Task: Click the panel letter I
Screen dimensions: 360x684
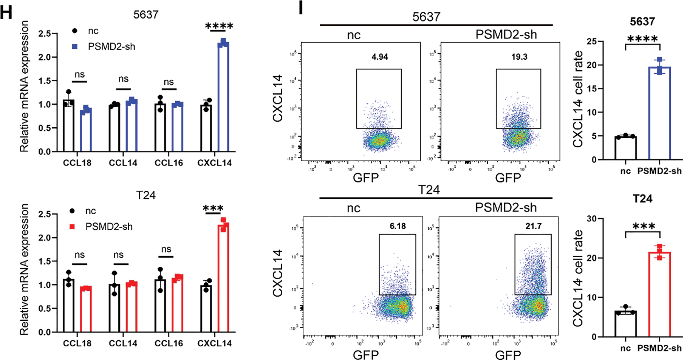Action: pos(301,8)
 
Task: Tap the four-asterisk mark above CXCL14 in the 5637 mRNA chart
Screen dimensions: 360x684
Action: pos(219,26)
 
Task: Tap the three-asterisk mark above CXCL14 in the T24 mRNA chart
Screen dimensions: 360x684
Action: pos(213,209)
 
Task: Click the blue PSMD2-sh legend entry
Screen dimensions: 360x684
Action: pos(104,47)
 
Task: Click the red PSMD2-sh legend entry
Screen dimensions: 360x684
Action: pos(102,227)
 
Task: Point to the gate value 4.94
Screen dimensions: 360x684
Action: pos(379,57)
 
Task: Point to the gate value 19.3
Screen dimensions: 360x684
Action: pos(519,57)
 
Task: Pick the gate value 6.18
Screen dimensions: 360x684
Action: pos(398,226)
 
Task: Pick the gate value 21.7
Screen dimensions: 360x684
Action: pos(533,226)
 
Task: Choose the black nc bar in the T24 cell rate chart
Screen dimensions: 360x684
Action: pos(625,324)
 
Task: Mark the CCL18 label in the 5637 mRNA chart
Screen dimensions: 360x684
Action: pos(77,163)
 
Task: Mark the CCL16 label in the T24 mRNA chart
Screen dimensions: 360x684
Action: pos(169,343)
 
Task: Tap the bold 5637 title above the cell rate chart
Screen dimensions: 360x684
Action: pos(642,22)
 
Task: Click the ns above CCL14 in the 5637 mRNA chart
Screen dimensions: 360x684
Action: pos(124,79)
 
